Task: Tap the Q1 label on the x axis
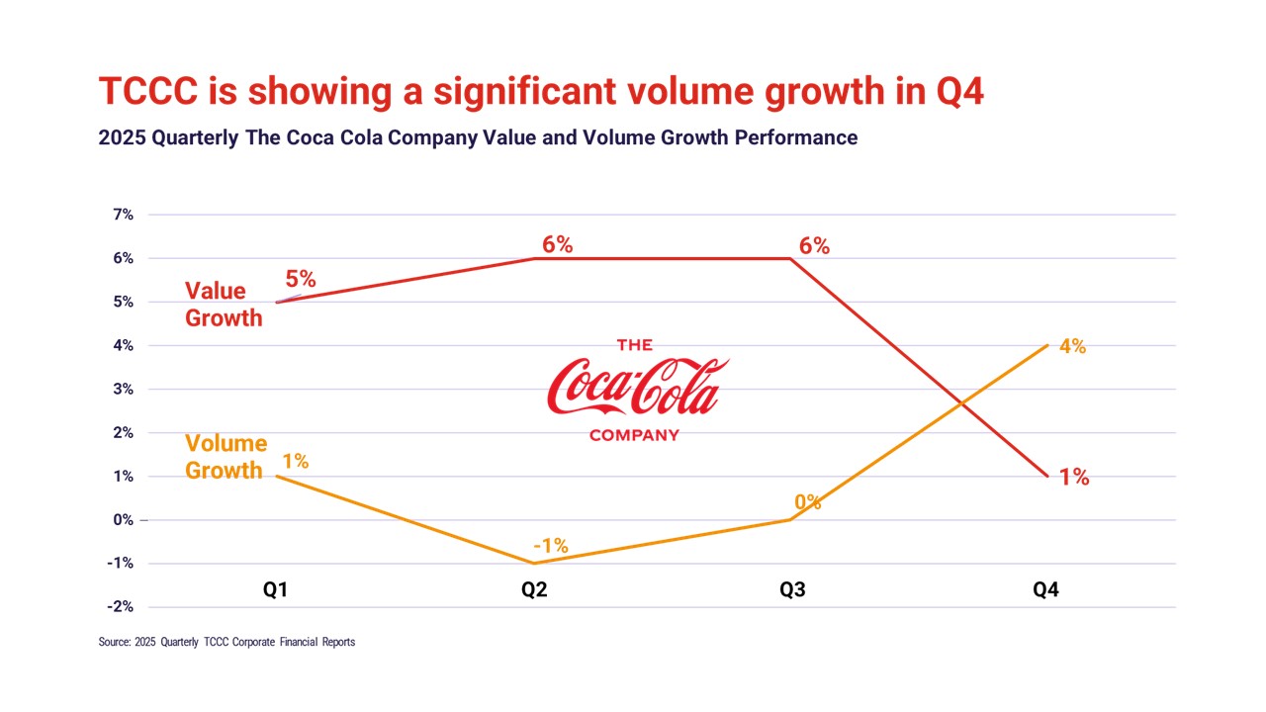pyautogui.click(x=275, y=590)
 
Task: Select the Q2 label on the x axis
pyautogui.click(x=534, y=590)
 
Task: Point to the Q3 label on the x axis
pyautogui.click(x=792, y=590)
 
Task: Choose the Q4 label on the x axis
pyautogui.click(x=1046, y=590)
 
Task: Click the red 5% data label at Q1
pyautogui.click(x=300, y=279)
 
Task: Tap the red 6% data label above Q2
pyautogui.click(x=557, y=244)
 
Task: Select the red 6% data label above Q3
pyautogui.click(x=814, y=245)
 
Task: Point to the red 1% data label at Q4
pyautogui.click(x=1074, y=478)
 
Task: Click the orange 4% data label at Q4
pyautogui.click(x=1072, y=346)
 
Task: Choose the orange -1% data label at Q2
pyautogui.click(x=550, y=545)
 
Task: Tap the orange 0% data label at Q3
pyautogui.click(x=808, y=501)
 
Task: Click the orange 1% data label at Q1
pyautogui.click(x=295, y=460)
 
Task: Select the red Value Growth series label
pyautogui.click(x=225, y=305)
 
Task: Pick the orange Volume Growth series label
pyautogui.click(x=226, y=457)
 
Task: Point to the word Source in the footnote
pyautogui.click(x=114, y=642)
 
